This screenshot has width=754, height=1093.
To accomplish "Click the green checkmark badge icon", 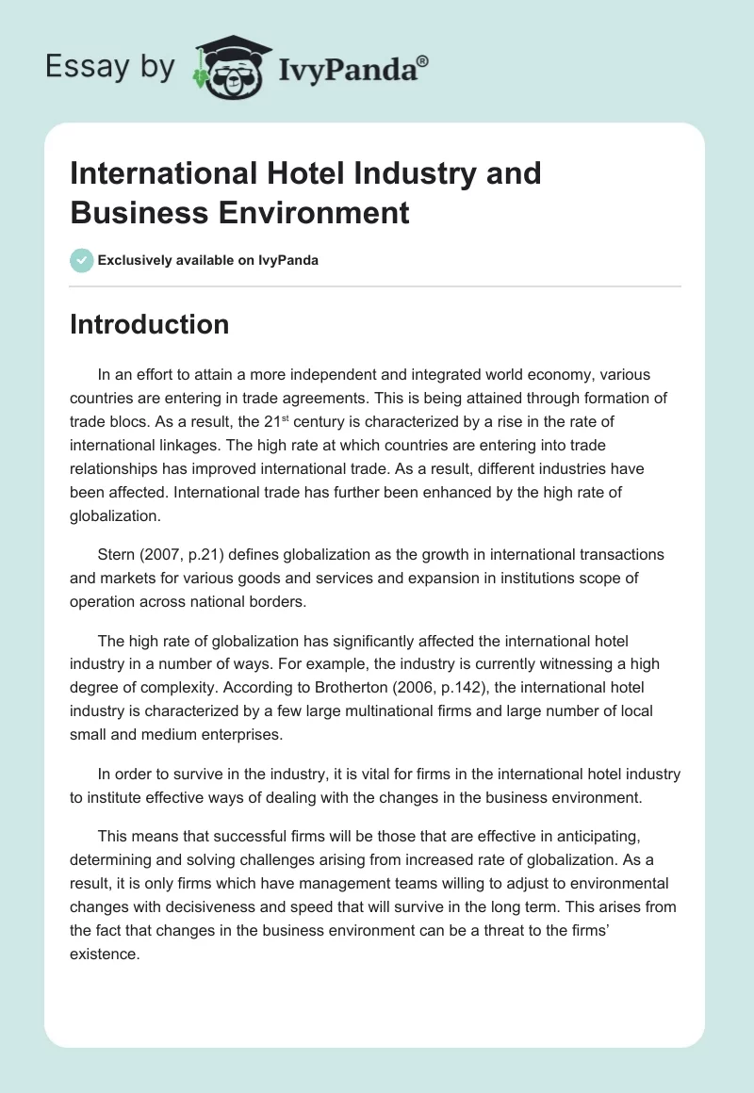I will (81, 260).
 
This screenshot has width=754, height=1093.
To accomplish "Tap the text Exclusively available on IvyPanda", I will (208, 260).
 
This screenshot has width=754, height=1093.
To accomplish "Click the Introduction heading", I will (149, 324).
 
